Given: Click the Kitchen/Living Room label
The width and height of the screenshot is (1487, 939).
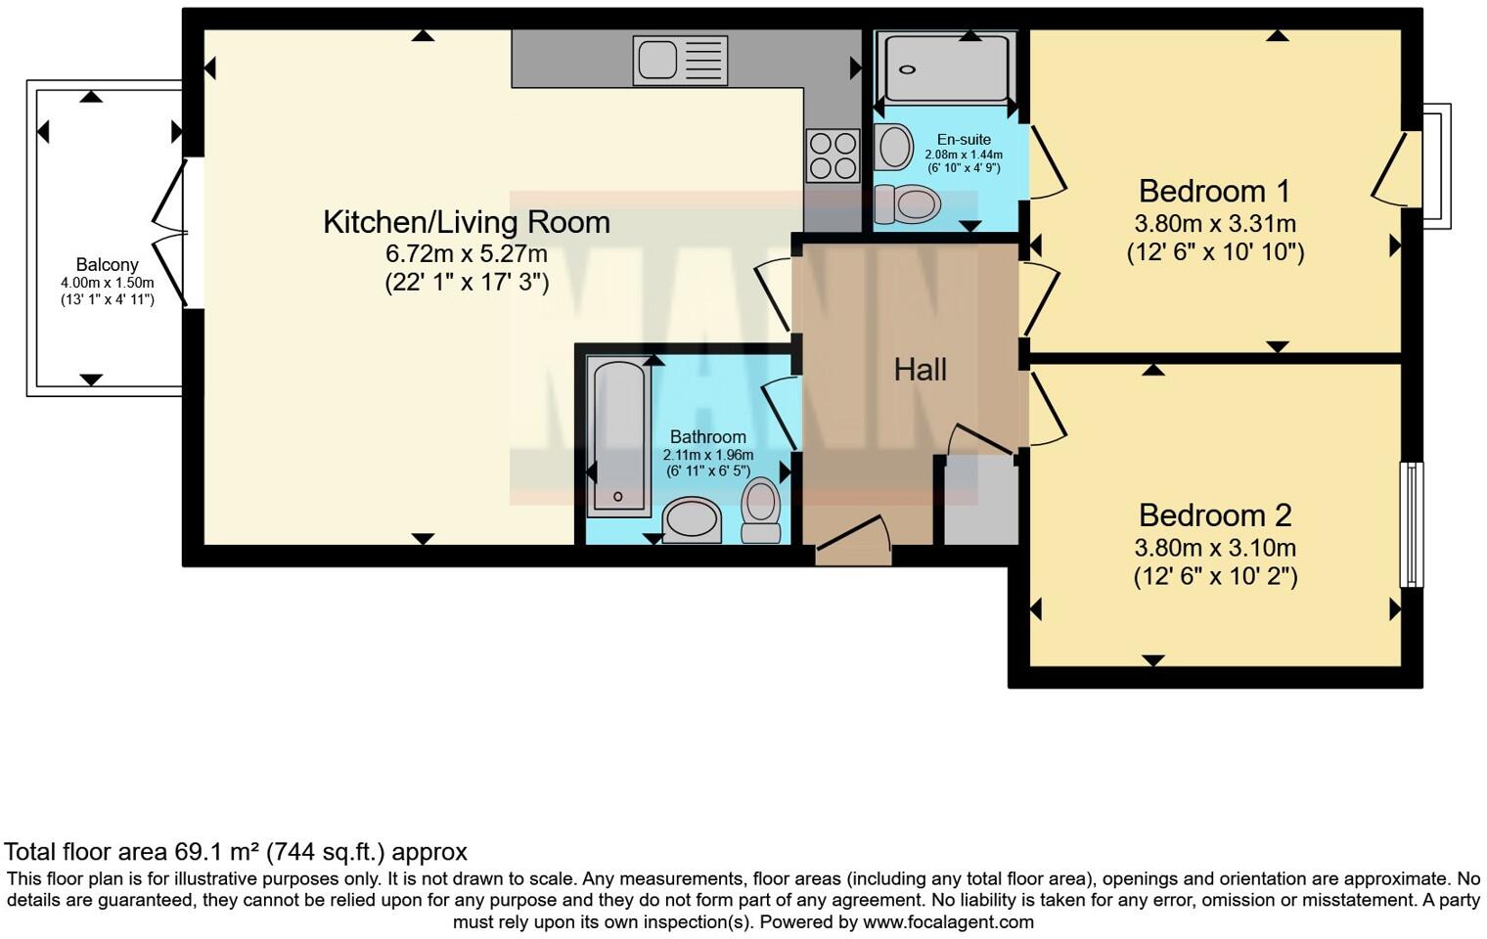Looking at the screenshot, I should click(466, 222).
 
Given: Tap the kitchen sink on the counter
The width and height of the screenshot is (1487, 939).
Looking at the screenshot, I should click(680, 60).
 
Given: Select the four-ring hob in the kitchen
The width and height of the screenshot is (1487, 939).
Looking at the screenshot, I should click(833, 156).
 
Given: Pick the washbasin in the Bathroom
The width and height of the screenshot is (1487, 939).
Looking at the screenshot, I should click(692, 519).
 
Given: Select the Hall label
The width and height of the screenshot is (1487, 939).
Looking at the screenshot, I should click(920, 370).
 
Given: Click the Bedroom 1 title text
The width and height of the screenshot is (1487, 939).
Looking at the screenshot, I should click(1214, 191).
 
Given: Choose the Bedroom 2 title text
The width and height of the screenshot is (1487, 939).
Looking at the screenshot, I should click(1214, 515).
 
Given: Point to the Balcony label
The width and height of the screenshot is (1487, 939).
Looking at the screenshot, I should click(107, 265).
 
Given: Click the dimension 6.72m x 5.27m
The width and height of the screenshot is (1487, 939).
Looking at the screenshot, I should click(466, 254).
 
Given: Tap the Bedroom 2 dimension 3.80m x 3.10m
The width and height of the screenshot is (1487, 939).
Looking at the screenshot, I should click(1214, 548).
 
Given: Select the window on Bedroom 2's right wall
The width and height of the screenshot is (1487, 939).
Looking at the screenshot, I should click(1411, 524).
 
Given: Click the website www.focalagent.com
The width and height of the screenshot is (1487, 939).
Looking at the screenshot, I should click(948, 921).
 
